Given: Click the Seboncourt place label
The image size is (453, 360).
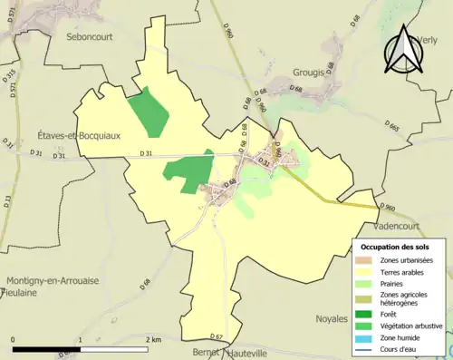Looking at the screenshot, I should click(94, 37).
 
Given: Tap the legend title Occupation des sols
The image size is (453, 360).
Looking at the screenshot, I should click(396, 247).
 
